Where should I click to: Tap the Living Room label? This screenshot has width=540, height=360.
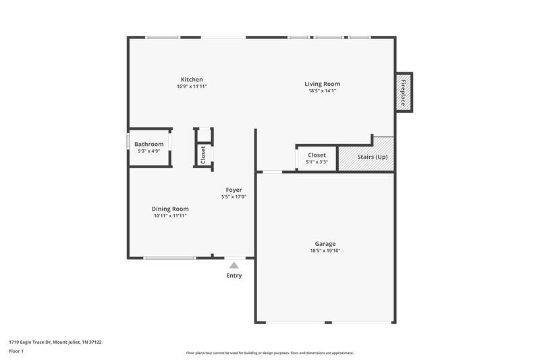(x=323, y=84)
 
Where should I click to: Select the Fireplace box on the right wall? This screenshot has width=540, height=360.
(x=404, y=92)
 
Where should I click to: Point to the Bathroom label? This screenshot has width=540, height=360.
(x=148, y=144)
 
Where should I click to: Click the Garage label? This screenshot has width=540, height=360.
(x=325, y=244)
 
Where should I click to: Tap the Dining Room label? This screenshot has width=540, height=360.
(x=170, y=209)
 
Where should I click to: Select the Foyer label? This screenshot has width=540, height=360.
(x=234, y=190)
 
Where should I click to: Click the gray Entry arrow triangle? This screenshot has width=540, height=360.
(x=234, y=265)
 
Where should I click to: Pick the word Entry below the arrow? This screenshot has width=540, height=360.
(x=234, y=276)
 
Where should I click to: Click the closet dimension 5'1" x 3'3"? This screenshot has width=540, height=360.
(x=317, y=162)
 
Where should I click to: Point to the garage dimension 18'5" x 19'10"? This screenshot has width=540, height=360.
(x=325, y=251)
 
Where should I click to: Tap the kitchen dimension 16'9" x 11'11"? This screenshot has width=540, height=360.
(x=191, y=86)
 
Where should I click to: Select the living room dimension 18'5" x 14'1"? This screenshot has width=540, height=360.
(x=323, y=91)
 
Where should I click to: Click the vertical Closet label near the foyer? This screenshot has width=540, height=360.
(x=203, y=155)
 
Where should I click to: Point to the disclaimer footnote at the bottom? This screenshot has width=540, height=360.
(x=269, y=353)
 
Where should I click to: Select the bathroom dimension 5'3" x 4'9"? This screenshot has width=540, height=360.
(x=148, y=151)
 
